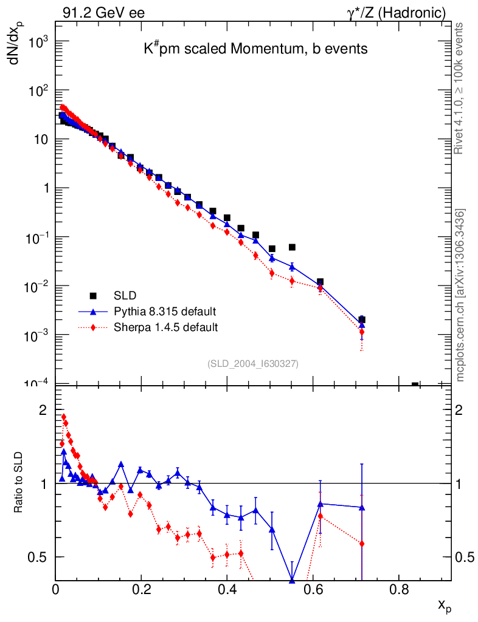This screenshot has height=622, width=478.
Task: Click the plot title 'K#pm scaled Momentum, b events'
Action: (255, 49)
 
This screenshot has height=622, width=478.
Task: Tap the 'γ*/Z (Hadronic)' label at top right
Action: (397, 13)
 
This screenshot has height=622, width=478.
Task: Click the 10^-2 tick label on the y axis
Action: (39, 286)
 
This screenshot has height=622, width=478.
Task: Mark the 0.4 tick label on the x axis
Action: (227, 589)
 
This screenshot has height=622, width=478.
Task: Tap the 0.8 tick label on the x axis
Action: (399, 589)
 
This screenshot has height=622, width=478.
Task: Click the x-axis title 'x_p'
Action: (445, 606)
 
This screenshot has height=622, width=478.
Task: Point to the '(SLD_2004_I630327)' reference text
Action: (253, 363)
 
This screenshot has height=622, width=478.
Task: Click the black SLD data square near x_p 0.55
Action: (292, 247)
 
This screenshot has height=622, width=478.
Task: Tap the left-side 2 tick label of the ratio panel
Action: (43, 410)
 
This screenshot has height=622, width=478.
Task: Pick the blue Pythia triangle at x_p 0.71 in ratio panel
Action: (362, 507)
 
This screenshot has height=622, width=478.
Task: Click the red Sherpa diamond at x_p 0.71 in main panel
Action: (362, 332)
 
